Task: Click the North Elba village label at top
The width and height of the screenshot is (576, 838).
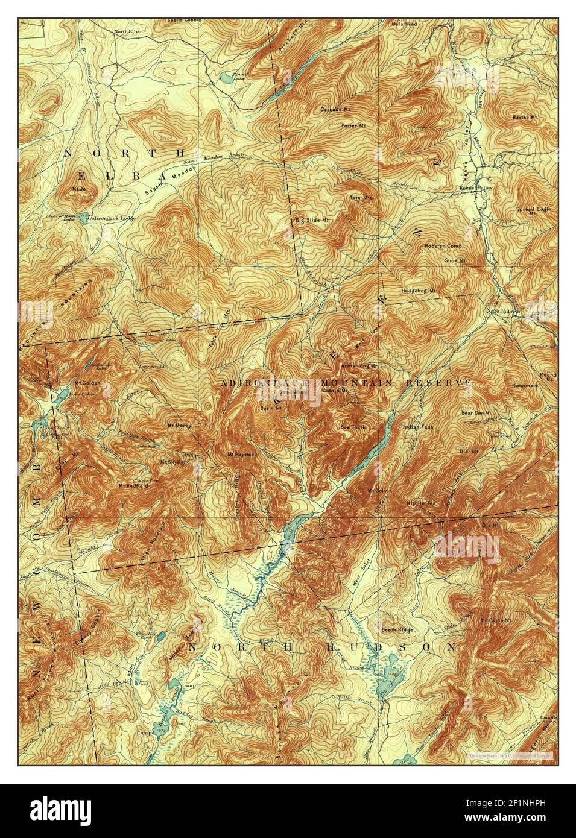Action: tap(127, 30)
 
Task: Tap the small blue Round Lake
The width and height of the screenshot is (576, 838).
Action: tap(224, 77)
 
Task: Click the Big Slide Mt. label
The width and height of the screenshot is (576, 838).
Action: tap(311, 220)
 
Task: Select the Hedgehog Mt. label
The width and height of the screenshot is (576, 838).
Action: tap(419, 291)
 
